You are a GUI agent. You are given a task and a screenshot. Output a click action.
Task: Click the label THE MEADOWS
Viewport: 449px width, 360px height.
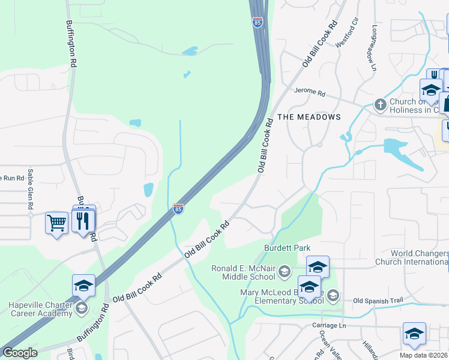[309, 117]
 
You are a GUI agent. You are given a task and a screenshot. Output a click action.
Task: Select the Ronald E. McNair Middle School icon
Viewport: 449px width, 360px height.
[285, 274]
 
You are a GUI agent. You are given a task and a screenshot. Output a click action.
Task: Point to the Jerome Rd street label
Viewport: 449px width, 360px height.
[309, 93]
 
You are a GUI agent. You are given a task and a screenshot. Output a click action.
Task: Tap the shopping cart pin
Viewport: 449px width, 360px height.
[56, 223]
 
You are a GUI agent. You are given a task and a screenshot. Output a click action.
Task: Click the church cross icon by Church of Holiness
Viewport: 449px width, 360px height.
[380, 105]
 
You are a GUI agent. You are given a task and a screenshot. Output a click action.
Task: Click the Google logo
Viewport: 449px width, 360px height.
[20, 353]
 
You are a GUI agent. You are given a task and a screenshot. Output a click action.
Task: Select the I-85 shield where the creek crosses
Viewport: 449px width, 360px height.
[178, 208]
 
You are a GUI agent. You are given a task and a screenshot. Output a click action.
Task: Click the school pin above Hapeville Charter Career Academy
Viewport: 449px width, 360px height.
[84, 286]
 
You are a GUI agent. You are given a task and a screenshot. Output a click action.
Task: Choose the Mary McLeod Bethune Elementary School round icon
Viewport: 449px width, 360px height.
[333, 295]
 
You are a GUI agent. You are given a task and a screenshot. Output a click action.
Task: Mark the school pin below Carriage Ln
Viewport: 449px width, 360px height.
[414, 334]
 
